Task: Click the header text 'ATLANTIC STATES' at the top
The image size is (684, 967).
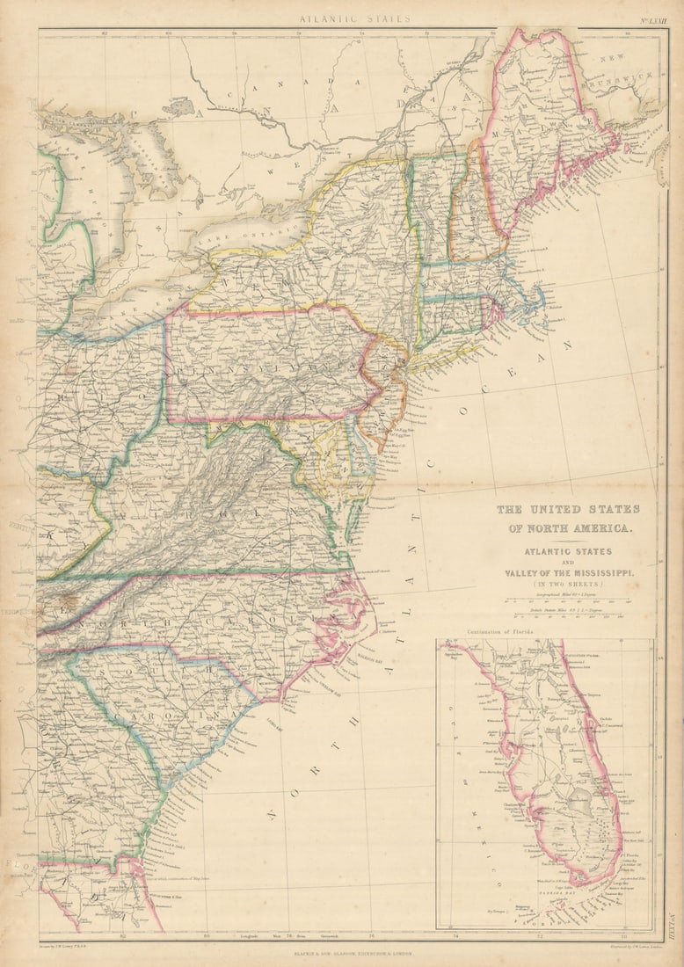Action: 341,18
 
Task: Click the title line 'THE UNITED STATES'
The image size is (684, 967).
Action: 568,509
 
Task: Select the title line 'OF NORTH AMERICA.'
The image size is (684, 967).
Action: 569,528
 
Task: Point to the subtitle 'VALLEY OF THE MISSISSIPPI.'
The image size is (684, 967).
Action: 569,572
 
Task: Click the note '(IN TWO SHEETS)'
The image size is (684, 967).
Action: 569,584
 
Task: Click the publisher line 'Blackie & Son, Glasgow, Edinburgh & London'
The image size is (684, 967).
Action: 341,952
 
